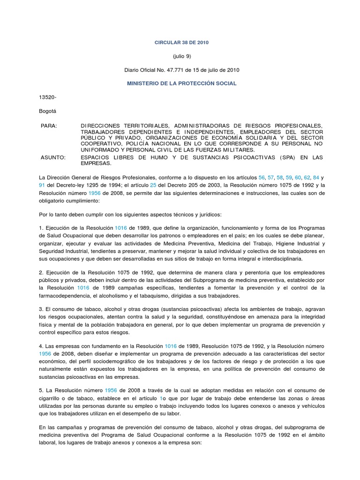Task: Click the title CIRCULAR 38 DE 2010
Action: tap(181, 43)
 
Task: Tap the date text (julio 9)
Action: tap(181, 56)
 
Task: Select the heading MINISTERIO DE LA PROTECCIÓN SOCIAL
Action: tap(181, 83)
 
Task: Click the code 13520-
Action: tap(47, 97)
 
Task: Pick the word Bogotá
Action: tap(47, 111)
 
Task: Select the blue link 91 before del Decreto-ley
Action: tap(42, 186)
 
